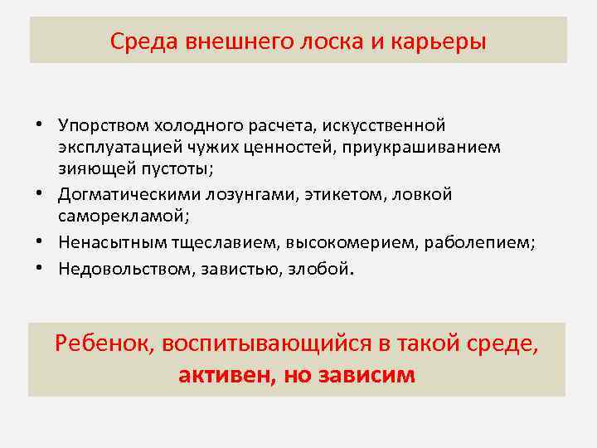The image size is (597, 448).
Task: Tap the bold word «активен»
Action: pos(221,375)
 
